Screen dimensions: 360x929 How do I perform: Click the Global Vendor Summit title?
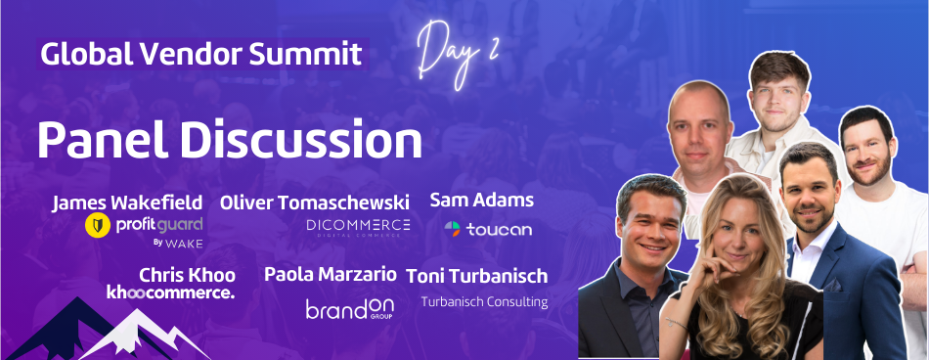point(200,53)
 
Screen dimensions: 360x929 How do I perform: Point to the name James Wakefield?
point(127,202)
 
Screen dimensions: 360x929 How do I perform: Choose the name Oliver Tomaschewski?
point(316,202)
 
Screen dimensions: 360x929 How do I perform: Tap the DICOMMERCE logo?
point(358,227)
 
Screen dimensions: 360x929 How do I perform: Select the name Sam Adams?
point(481,201)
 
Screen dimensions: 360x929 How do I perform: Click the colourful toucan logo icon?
point(452,230)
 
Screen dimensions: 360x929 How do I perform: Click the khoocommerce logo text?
point(170,292)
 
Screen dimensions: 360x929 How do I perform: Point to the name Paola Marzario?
point(331,274)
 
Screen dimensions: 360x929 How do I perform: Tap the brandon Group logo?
point(349,308)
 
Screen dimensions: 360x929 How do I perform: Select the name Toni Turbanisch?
point(476,276)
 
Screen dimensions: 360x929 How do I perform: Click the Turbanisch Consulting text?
point(483,301)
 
